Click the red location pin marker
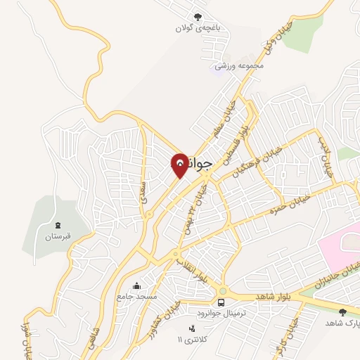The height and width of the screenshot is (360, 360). [180, 165]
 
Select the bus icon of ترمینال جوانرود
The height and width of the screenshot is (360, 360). [221, 302]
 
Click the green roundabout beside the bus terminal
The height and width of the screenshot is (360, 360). [223, 292]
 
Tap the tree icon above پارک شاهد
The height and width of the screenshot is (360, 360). [342, 311]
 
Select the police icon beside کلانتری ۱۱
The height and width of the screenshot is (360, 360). [191, 328]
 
